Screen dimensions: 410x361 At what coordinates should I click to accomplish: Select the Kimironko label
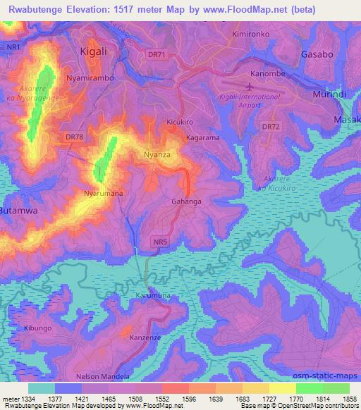[251, 34]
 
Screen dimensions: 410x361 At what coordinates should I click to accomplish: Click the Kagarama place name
[203, 137]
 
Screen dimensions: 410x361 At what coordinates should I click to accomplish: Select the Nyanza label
[157, 153]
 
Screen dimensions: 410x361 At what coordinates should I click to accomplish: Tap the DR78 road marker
[73, 137]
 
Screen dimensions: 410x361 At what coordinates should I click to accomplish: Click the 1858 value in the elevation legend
[350, 398]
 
